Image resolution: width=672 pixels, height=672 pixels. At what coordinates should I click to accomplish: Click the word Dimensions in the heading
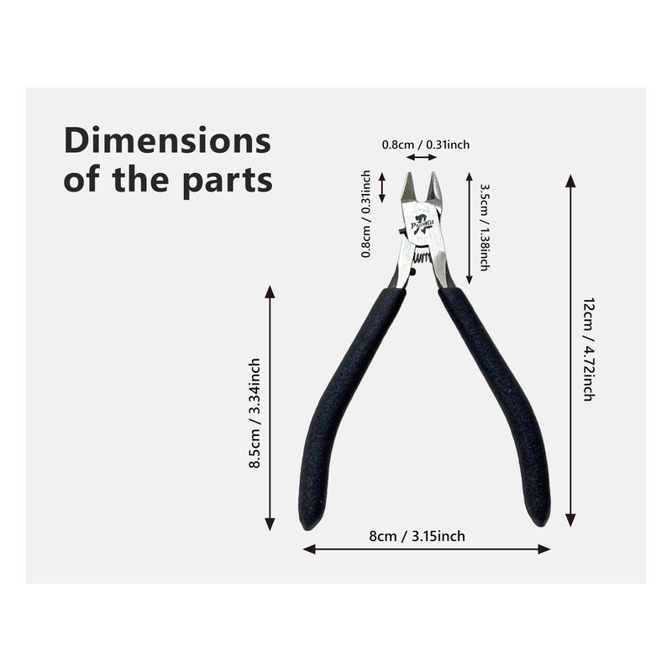click(x=168, y=140)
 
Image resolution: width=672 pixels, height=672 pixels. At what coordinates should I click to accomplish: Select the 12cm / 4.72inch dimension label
click(x=588, y=349)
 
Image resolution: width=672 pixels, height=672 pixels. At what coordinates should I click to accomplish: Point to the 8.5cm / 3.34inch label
click(x=255, y=412)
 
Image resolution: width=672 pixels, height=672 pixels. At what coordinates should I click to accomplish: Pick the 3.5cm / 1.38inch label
click(x=485, y=227)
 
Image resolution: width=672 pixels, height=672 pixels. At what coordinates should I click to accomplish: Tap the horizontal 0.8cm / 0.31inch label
click(x=426, y=144)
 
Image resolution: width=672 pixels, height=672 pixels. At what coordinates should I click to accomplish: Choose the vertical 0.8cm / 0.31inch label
click(x=366, y=213)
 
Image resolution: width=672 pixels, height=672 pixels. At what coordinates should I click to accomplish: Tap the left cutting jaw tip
click(x=407, y=186)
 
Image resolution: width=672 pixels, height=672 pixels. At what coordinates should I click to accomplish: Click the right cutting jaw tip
click(x=435, y=186)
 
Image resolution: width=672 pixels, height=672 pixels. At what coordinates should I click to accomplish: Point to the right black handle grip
click(x=500, y=403)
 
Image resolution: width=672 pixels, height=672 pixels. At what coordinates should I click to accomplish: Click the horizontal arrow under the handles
click(x=427, y=549)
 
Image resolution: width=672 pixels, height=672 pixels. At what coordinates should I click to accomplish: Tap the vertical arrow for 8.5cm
click(x=270, y=408)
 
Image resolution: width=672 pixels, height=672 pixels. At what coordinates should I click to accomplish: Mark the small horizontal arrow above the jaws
click(x=421, y=157)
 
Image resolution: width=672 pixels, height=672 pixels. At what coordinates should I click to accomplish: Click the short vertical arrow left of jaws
click(x=382, y=186)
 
